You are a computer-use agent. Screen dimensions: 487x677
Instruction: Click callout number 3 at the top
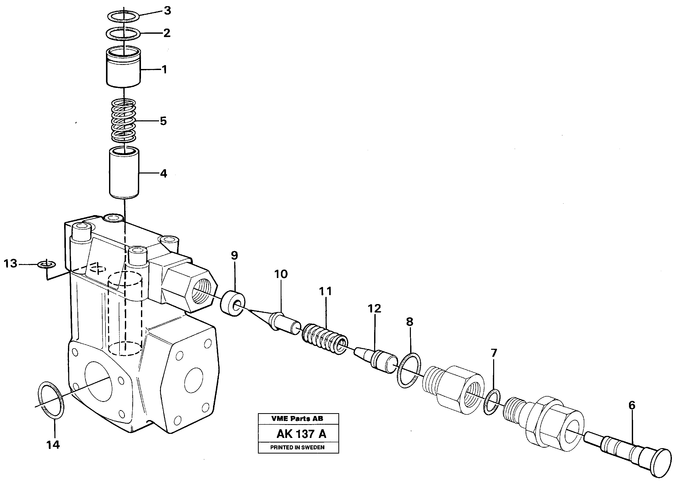point(168,11)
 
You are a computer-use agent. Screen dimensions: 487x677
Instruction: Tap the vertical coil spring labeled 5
point(123,121)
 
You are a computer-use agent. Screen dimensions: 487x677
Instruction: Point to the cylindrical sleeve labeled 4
point(124,173)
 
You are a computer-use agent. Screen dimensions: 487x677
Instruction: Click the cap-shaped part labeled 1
point(124,69)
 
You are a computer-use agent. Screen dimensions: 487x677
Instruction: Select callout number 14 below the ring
point(53,445)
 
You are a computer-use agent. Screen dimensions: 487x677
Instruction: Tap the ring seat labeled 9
point(233,305)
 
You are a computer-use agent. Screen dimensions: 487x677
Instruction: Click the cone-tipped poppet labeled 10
point(283,324)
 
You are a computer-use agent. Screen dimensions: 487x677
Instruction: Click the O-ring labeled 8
point(409,370)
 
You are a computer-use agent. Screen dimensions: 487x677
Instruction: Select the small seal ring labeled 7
point(492,401)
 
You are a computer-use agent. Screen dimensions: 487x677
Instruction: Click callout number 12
point(374,308)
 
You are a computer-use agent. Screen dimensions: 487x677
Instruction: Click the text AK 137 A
point(301,434)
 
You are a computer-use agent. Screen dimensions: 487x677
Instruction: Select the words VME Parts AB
point(297,419)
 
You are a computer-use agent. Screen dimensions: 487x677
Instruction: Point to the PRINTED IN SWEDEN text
point(297,447)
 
